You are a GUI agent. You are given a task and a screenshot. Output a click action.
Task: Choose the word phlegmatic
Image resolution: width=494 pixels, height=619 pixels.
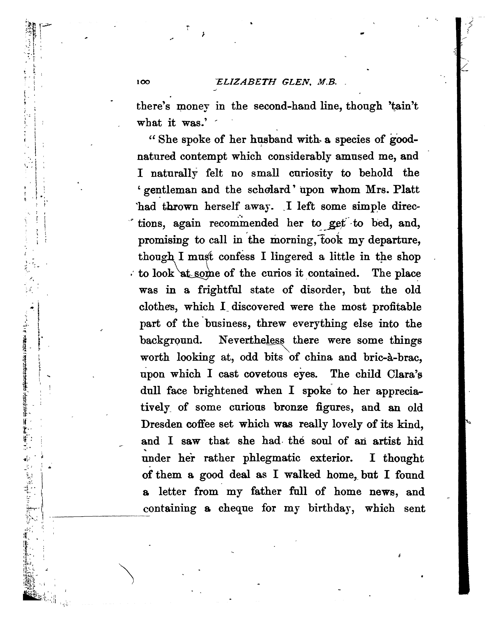coord(271,458)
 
